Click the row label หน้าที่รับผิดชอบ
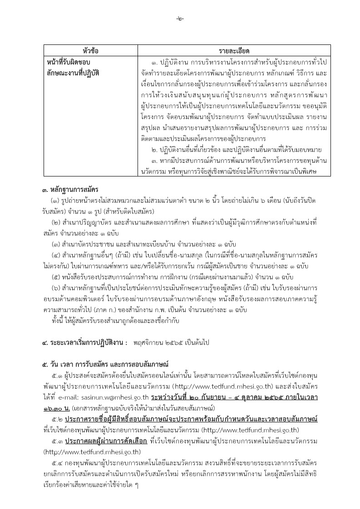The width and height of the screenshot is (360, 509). (x=69, y=61)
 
